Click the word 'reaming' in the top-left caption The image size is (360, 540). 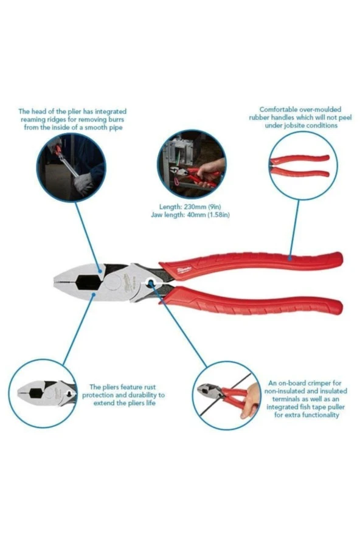click(32, 120)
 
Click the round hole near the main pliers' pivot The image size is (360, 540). click(151, 283)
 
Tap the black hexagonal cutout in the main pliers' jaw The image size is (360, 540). click(88, 282)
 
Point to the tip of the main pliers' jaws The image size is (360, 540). click(55, 281)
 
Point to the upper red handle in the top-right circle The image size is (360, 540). click(299, 159)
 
